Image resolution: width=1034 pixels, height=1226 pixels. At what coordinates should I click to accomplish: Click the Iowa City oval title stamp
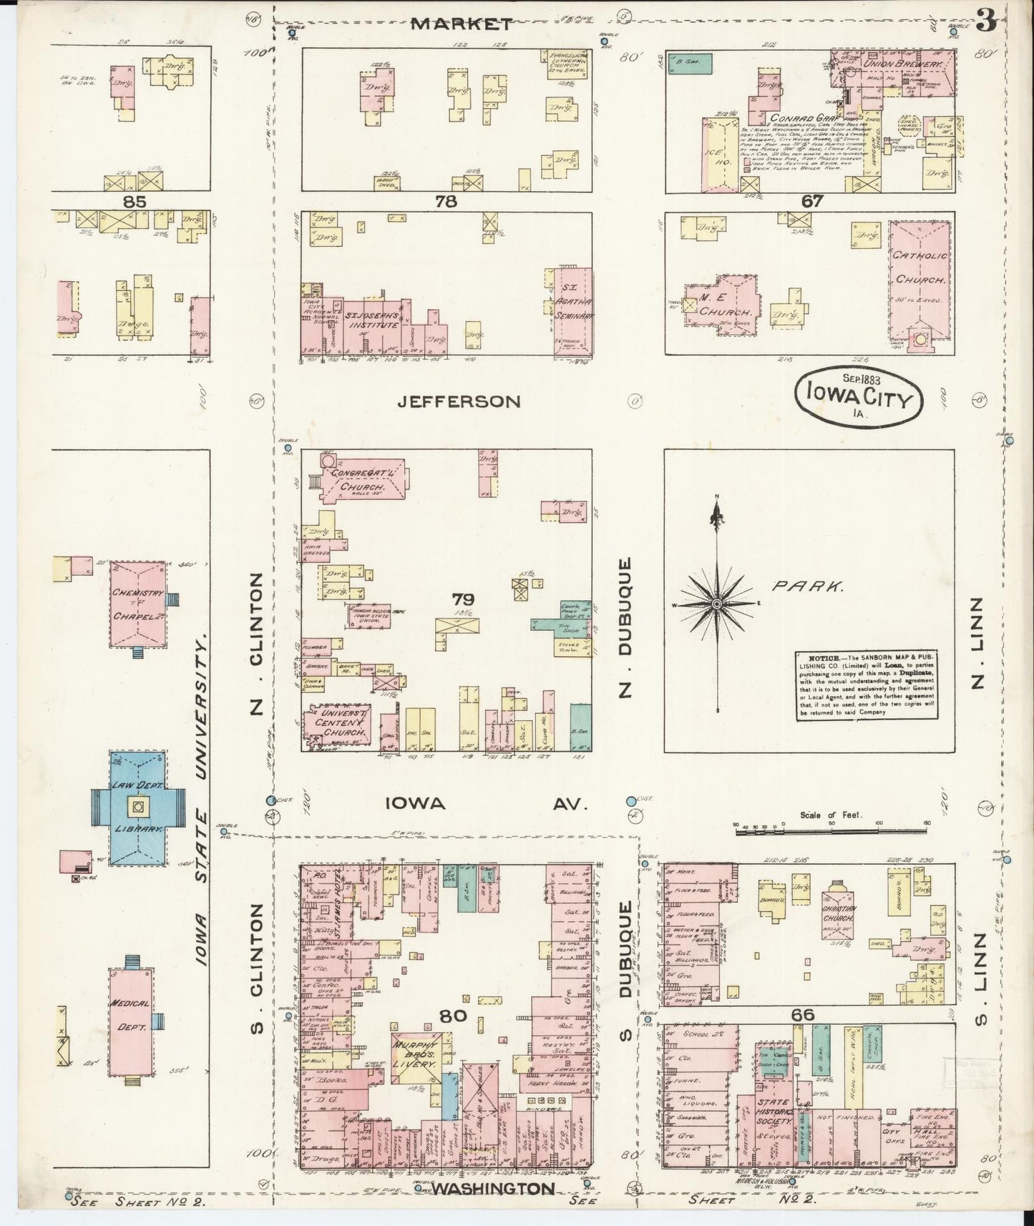click(858, 398)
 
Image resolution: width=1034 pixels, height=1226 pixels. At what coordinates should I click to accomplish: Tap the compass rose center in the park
click(716, 604)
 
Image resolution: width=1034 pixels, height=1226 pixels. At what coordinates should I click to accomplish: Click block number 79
click(457, 599)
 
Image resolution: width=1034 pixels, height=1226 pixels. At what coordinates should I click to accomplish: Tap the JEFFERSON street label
click(458, 402)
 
